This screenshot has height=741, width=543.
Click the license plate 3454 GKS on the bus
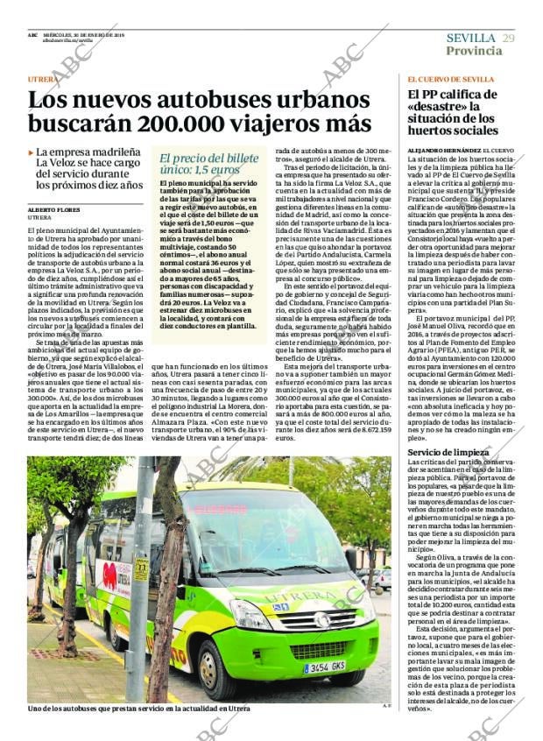[323, 667]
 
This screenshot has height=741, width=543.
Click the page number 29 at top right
[509, 38]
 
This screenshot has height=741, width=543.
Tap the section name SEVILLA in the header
[471, 38]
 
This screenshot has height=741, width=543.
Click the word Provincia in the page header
[474, 51]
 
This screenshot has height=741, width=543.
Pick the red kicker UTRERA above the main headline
[43, 80]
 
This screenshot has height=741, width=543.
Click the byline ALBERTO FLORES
[53, 211]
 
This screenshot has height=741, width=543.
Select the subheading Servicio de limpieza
[441, 451]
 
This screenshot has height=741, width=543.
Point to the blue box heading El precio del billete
[209, 158]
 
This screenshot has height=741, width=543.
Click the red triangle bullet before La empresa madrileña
[31, 152]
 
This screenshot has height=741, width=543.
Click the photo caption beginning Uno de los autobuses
[138, 708]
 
